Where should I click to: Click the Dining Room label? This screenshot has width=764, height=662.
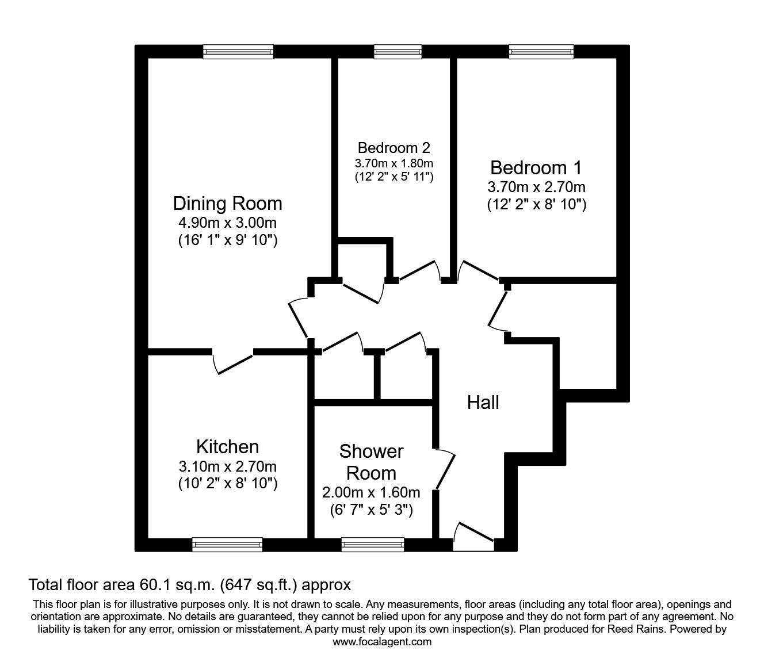pyautogui.click(x=227, y=204)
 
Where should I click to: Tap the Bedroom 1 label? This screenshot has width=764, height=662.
pyautogui.click(x=536, y=168)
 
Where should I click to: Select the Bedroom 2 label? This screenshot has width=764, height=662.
pyautogui.click(x=394, y=148)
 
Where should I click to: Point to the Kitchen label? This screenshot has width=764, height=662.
pyautogui.click(x=227, y=447)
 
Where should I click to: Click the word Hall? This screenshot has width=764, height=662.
pyautogui.click(x=483, y=403)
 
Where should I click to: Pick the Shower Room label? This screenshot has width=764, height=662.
pyautogui.click(x=371, y=462)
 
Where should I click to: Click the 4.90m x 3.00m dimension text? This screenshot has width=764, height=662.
pyautogui.click(x=227, y=223)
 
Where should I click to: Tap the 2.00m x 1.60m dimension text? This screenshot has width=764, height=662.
pyautogui.click(x=371, y=492)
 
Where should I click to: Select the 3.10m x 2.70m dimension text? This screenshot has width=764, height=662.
pyautogui.click(x=227, y=466)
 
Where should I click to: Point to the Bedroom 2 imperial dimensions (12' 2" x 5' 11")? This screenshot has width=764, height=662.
pyautogui.click(x=394, y=177)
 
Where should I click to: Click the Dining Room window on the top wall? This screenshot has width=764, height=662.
pyautogui.click(x=238, y=52)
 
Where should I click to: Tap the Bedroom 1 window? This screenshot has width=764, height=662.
pyautogui.click(x=541, y=52)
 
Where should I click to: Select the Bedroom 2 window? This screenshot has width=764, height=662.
pyautogui.click(x=398, y=52)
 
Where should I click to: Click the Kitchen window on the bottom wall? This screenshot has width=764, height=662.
pyautogui.click(x=227, y=544)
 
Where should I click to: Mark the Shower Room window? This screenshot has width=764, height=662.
pyautogui.click(x=372, y=544)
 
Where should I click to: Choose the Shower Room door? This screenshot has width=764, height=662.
pyautogui.click(x=445, y=469)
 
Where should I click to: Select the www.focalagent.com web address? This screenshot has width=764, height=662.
pyautogui.click(x=382, y=642)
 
